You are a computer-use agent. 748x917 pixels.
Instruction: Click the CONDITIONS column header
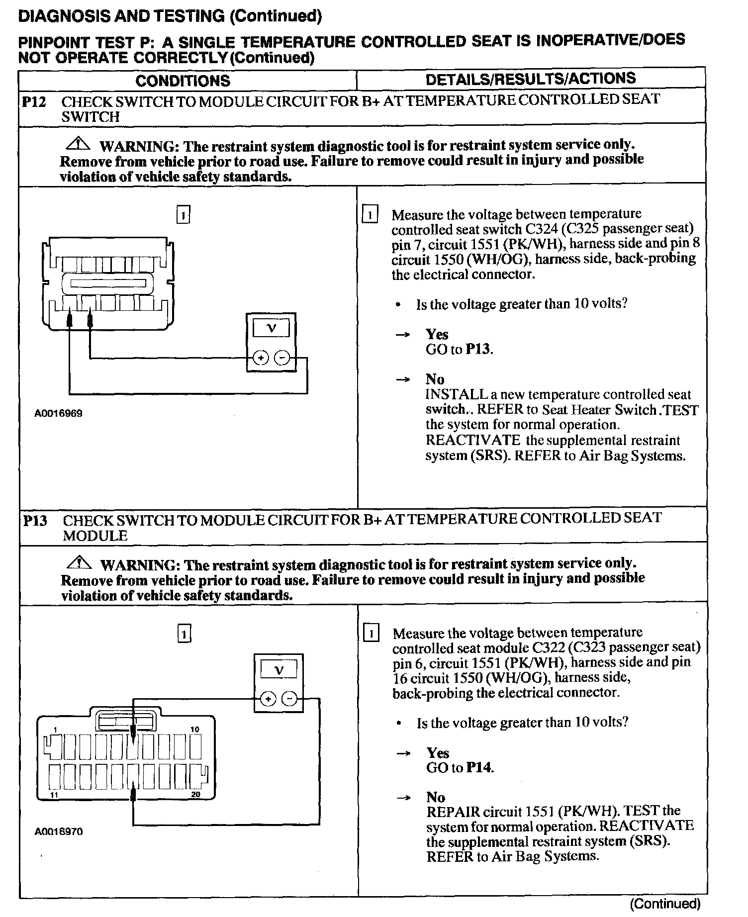pyautogui.click(x=183, y=81)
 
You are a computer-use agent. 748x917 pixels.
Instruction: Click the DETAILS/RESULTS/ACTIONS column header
pyautogui.click(x=530, y=79)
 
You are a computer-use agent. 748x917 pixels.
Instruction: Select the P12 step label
pyautogui.click(x=34, y=102)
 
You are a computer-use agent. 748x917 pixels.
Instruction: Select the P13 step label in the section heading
pyautogui.click(x=35, y=521)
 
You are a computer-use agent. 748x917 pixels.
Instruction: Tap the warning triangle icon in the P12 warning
pyautogui.click(x=78, y=144)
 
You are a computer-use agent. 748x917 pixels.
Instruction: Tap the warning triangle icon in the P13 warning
pyautogui.click(x=79, y=563)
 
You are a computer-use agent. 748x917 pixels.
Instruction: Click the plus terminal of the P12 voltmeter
pyautogui.click(x=261, y=358)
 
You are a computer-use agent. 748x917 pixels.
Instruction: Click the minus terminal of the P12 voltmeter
pyautogui.click(x=282, y=358)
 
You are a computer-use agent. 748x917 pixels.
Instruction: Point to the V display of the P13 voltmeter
pyautogui.click(x=279, y=670)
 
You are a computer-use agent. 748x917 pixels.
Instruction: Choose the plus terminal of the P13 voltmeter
pyautogui.click(x=268, y=699)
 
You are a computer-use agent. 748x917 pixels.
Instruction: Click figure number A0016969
pyautogui.click(x=58, y=413)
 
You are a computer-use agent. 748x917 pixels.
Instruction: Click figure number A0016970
pyautogui.click(x=59, y=831)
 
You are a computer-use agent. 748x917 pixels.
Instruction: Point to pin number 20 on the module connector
pyautogui.click(x=195, y=795)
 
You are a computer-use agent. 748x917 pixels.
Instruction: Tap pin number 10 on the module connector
pyautogui.click(x=194, y=730)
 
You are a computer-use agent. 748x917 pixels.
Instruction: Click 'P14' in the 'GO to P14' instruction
pyautogui.click(x=480, y=768)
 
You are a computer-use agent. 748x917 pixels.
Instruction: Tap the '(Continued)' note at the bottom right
pyautogui.click(x=665, y=904)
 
